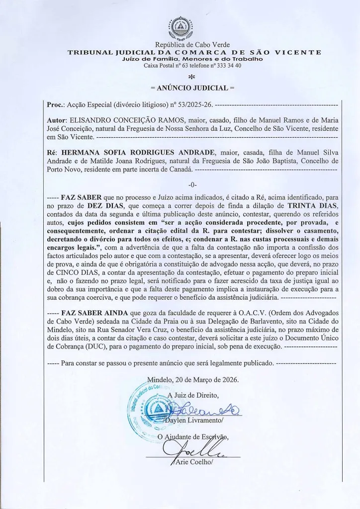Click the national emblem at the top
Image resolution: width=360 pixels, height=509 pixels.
click(180, 29)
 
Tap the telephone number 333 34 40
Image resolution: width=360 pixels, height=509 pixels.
click(225, 66)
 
